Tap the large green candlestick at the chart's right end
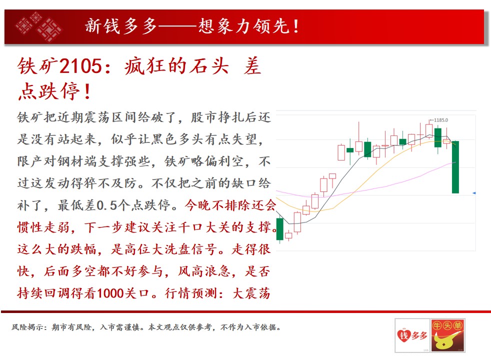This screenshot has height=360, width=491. click(455, 167)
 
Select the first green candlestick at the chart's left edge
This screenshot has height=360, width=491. click(279, 229)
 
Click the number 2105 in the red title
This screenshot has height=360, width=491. click(80, 66)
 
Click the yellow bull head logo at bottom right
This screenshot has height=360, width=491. click(447, 336)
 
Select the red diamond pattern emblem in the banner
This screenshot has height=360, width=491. click(38, 26)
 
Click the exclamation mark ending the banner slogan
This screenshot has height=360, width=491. click(295, 26)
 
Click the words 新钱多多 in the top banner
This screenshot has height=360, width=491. click(121, 26)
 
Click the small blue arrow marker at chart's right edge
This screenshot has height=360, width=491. click(474, 193)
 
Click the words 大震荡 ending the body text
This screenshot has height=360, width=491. click(251, 293)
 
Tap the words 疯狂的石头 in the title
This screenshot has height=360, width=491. click(176, 66)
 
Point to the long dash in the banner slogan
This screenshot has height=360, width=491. click(177, 26)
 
